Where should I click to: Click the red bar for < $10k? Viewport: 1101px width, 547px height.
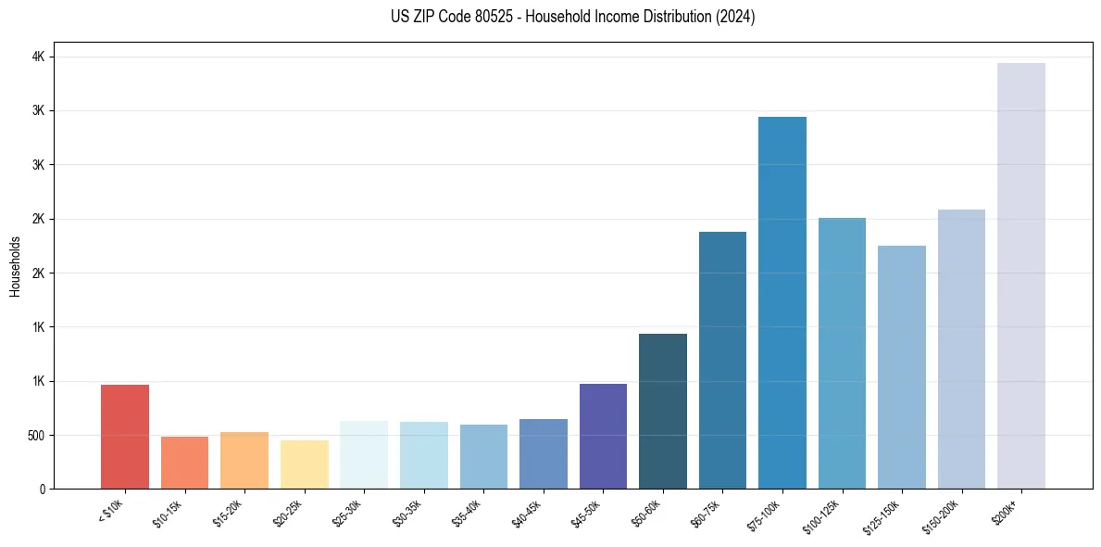click(x=125, y=437)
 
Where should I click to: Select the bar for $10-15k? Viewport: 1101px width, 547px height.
click(x=184, y=463)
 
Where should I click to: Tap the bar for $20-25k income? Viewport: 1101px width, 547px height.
click(x=305, y=464)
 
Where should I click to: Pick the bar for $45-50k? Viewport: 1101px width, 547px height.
click(x=603, y=436)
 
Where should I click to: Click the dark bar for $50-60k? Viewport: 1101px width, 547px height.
click(x=663, y=411)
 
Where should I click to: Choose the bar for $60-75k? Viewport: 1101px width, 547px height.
click(x=722, y=360)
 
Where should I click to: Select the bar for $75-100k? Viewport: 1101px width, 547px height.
click(x=782, y=302)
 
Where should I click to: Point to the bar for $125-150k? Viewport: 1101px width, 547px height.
click(x=902, y=367)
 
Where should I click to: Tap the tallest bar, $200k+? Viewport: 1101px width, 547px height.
click(x=1021, y=275)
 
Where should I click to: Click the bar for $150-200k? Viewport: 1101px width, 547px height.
click(x=961, y=349)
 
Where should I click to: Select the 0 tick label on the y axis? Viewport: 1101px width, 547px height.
click(x=43, y=490)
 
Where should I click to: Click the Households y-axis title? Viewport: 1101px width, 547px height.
click(x=16, y=266)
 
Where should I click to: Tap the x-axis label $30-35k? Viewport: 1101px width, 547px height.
click(x=408, y=514)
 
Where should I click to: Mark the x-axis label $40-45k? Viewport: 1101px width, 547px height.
click(x=528, y=514)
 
